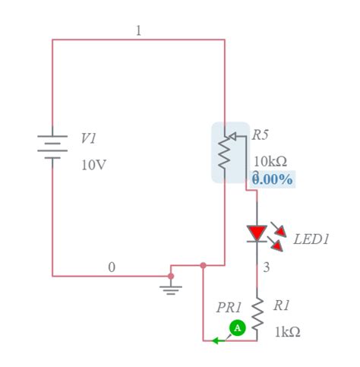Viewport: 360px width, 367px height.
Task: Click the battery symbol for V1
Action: point(52,147)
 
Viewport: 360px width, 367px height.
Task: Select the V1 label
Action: point(89,138)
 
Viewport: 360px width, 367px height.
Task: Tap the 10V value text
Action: point(94,164)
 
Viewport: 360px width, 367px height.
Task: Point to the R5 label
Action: point(261,134)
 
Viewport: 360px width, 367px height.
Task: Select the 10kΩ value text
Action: point(270,161)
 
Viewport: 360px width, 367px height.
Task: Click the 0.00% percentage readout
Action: point(273,179)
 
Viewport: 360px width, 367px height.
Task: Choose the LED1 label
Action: point(311,239)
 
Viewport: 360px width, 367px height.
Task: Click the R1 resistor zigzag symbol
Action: point(257,315)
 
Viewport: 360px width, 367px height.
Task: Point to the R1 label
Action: point(281,305)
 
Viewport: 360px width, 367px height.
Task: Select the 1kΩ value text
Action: point(287,332)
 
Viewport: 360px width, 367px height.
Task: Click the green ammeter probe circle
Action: point(238,327)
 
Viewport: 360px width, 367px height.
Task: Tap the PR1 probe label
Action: point(229,308)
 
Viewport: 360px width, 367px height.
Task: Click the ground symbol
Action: point(172,289)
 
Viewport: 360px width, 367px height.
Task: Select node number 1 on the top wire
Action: point(138,30)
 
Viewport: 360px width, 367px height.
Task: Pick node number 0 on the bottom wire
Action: point(112,267)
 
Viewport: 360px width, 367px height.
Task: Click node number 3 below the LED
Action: point(267,267)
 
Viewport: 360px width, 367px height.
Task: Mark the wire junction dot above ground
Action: point(172,276)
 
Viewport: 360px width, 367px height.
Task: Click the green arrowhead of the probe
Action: point(216,340)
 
